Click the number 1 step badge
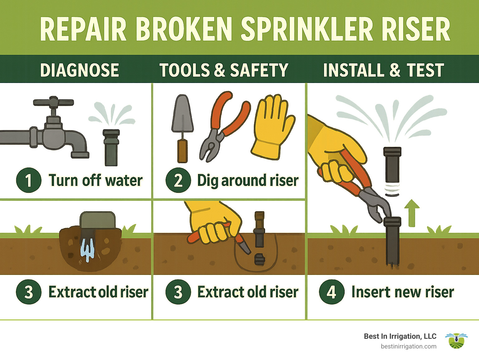(x=28, y=180)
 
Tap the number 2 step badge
(x=178, y=180)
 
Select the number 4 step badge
(x=331, y=292)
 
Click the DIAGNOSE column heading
(x=80, y=70)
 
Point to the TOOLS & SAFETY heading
(x=224, y=70)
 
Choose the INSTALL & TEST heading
(x=383, y=70)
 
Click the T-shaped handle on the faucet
(x=53, y=102)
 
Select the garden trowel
(x=182, y=128)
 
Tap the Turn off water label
(x=95, y=180)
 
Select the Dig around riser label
(x=248, y=180)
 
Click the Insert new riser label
(x=403, y=292)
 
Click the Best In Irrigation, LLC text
(x=400, y=336)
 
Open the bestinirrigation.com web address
(x=409, y=346)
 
